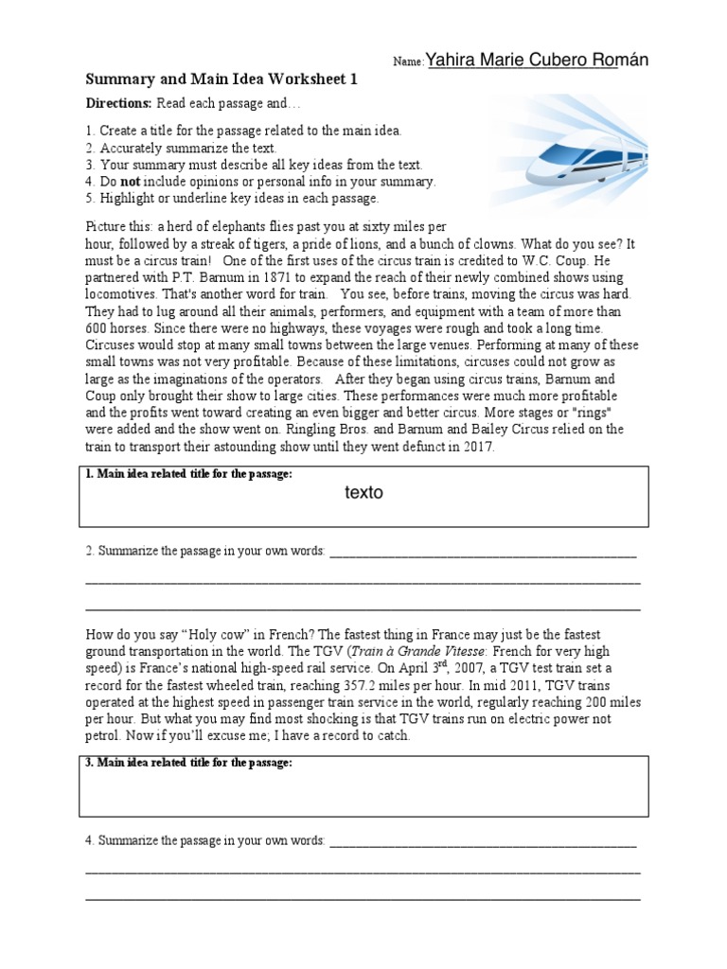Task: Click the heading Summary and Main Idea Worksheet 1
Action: pos(222,80)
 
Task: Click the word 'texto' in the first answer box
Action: pos(364,493)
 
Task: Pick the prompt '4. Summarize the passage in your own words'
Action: pos(205,840)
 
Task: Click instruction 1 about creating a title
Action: pos(243,130)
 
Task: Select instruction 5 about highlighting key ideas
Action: pos(232,198)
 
